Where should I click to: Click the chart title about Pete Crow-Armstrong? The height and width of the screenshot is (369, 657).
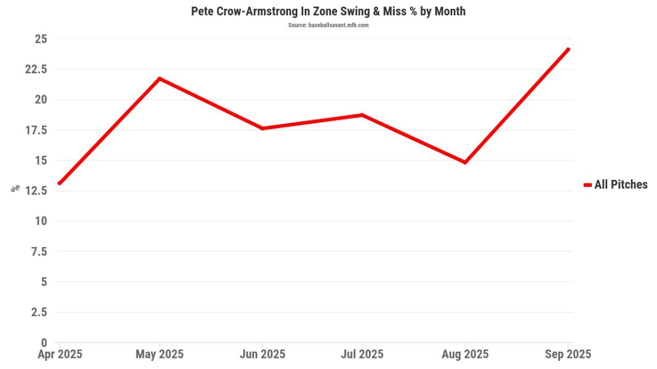[x=328, y=11]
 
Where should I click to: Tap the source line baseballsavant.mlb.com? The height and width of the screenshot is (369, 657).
[x=328, y=25]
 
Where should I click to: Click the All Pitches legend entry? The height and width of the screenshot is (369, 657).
[x=615, y=185]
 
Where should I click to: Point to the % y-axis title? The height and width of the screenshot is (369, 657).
[x=15, y=188]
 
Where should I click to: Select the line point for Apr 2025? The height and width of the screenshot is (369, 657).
[x=59, y=183]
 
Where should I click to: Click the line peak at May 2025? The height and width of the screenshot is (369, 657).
[x=159, y=78]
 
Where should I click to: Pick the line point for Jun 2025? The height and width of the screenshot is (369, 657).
[x=262, y=128]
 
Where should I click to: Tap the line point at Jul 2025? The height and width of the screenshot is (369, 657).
[x=362, y=115]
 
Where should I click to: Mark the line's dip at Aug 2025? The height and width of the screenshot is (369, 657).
[x=465, y=162]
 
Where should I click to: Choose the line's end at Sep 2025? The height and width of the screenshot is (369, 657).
[x=568, y=50]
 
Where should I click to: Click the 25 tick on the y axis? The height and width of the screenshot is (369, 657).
[x=41, y=39]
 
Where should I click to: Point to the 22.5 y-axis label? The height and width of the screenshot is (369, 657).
[x=36, y=69]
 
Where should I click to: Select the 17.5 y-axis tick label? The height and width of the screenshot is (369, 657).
[x=36, y=130]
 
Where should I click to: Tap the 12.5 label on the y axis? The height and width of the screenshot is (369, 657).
[x=36, y=191]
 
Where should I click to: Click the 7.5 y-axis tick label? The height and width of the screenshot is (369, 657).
[x=39, y=251]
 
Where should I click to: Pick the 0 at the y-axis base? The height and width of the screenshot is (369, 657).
[x=44, y=343]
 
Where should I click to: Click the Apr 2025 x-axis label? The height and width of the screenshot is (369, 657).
[x=60, y=354]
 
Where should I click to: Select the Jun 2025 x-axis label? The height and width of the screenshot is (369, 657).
[x=262, y=354]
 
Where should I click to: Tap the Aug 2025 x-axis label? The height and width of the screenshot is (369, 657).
[x=465, y=354]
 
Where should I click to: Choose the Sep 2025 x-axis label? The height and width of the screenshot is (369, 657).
[x=568, y=354]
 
